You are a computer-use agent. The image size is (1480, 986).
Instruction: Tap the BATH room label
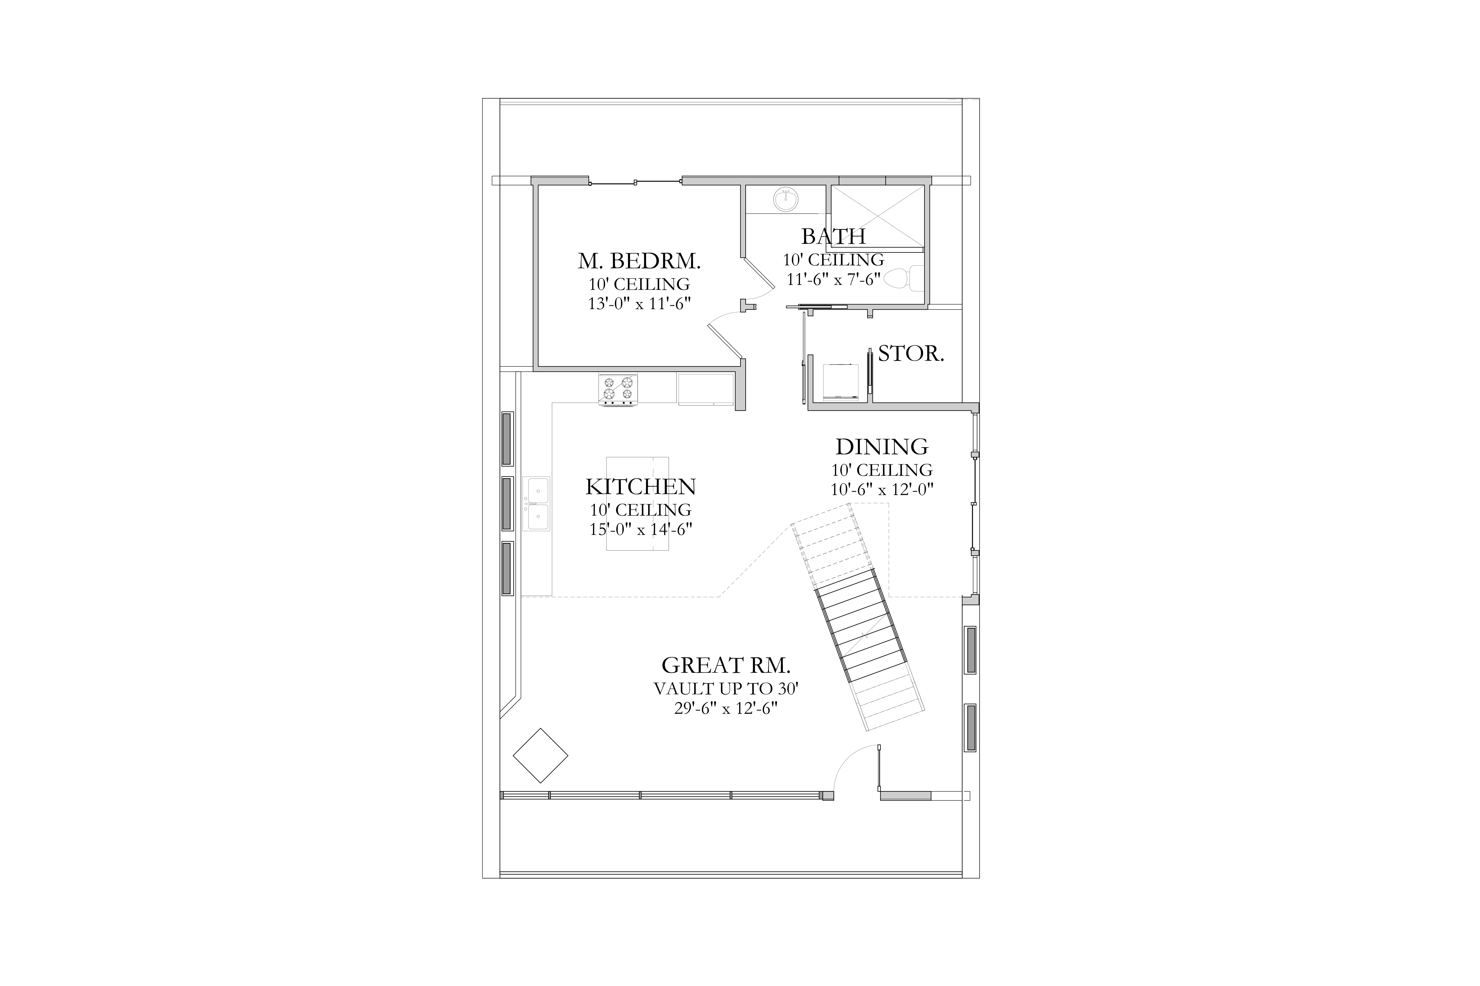click(833, 236)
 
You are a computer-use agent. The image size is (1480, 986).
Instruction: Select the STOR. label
click(911, 354)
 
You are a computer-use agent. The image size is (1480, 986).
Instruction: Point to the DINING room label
click(882, 447)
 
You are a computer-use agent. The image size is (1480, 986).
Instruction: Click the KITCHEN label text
click(641, 487)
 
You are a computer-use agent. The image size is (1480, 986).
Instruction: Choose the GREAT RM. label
click(726, 665)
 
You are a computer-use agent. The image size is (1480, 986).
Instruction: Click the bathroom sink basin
click(785, 199)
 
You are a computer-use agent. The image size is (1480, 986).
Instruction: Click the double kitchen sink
click(535, 504)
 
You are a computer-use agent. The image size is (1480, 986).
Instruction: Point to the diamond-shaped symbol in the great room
click(541, 755)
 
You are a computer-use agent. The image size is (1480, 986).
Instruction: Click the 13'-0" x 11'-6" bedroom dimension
click(639, 304)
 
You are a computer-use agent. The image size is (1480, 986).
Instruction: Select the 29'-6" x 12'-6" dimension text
click(726, 709)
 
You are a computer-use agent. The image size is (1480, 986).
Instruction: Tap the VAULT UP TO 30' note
click(726, 689)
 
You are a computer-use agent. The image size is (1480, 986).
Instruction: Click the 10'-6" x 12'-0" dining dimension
click(882, 489)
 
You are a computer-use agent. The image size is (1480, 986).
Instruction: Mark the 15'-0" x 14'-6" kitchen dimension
click(641, 530)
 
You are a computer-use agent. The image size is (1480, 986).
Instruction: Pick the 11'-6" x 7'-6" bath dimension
click(833, 279)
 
